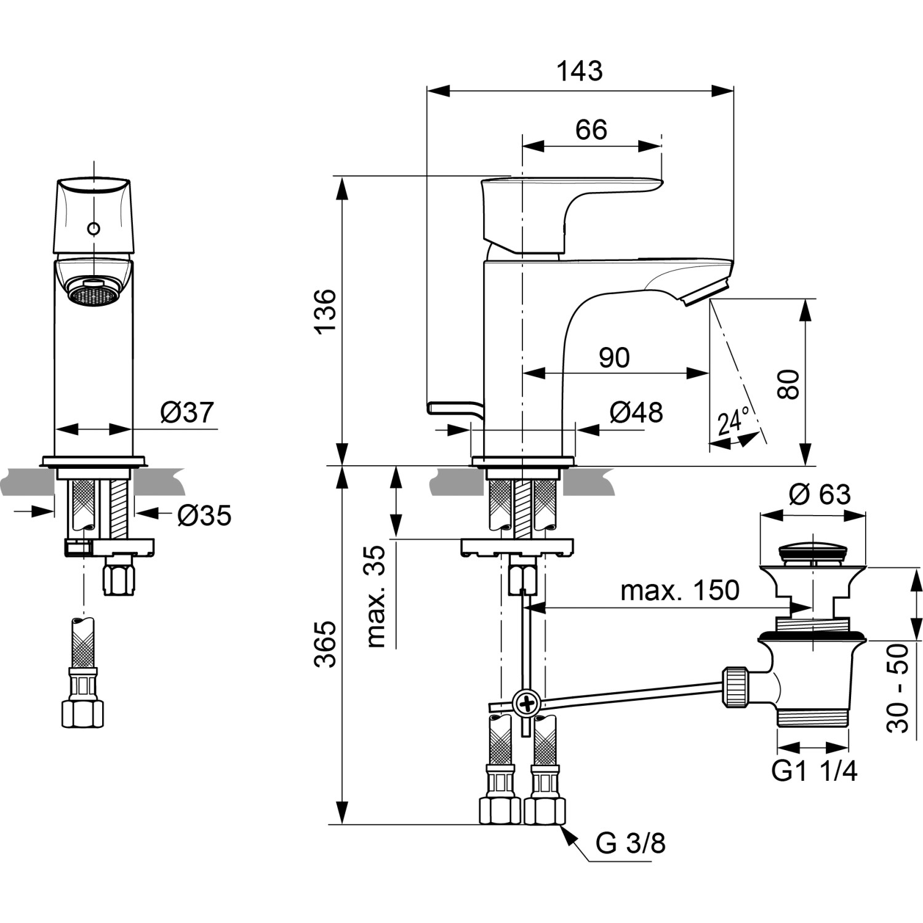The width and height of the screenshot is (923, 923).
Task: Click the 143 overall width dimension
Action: (x=580, y=71)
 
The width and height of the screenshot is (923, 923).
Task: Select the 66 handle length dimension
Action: (x=591, y=130)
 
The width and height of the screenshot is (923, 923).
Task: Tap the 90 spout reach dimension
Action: (x=613, y=358)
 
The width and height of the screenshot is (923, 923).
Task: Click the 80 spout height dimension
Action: (x=788, y=384)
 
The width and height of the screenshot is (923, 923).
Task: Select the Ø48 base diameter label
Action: (x=636, y=412)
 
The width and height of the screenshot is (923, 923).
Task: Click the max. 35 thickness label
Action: (x=376, y=596)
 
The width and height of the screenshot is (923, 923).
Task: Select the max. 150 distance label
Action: (x=679, y=591)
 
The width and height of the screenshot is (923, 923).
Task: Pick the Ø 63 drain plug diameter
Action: (x=820, y=494)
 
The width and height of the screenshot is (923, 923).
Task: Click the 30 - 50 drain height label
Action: (x=898, y=687)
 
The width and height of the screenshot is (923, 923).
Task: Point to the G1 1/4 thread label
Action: (x=814, y=771)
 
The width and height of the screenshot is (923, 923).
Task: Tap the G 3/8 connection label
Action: (x=630, y=843)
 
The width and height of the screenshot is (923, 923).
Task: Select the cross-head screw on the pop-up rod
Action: (x=525, y=701)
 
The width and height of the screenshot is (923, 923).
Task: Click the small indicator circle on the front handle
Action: (x=94, y=229)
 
